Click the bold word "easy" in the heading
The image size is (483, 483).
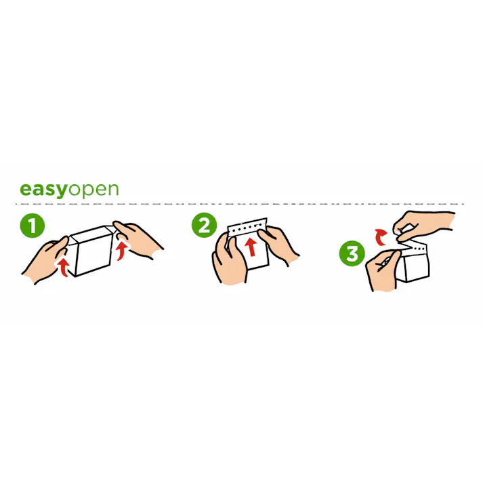click(x=43, y=190)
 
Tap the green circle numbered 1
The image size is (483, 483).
click(x=33, y=226)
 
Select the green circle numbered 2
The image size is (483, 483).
click(x=204, y=225)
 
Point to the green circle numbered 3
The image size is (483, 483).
click(x=352, y=253)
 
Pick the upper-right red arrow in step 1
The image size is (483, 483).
click(x=123, y=251)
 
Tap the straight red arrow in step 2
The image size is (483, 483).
click(x=252, y=247)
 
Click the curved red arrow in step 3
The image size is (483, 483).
click(x=381, y=236)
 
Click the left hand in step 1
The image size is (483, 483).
click(x=46, y=260)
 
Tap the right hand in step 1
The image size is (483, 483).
click(x=138, y=240)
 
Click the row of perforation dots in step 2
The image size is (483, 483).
click(x=247, y=227)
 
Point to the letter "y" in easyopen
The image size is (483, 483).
click(x=61, y=192)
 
